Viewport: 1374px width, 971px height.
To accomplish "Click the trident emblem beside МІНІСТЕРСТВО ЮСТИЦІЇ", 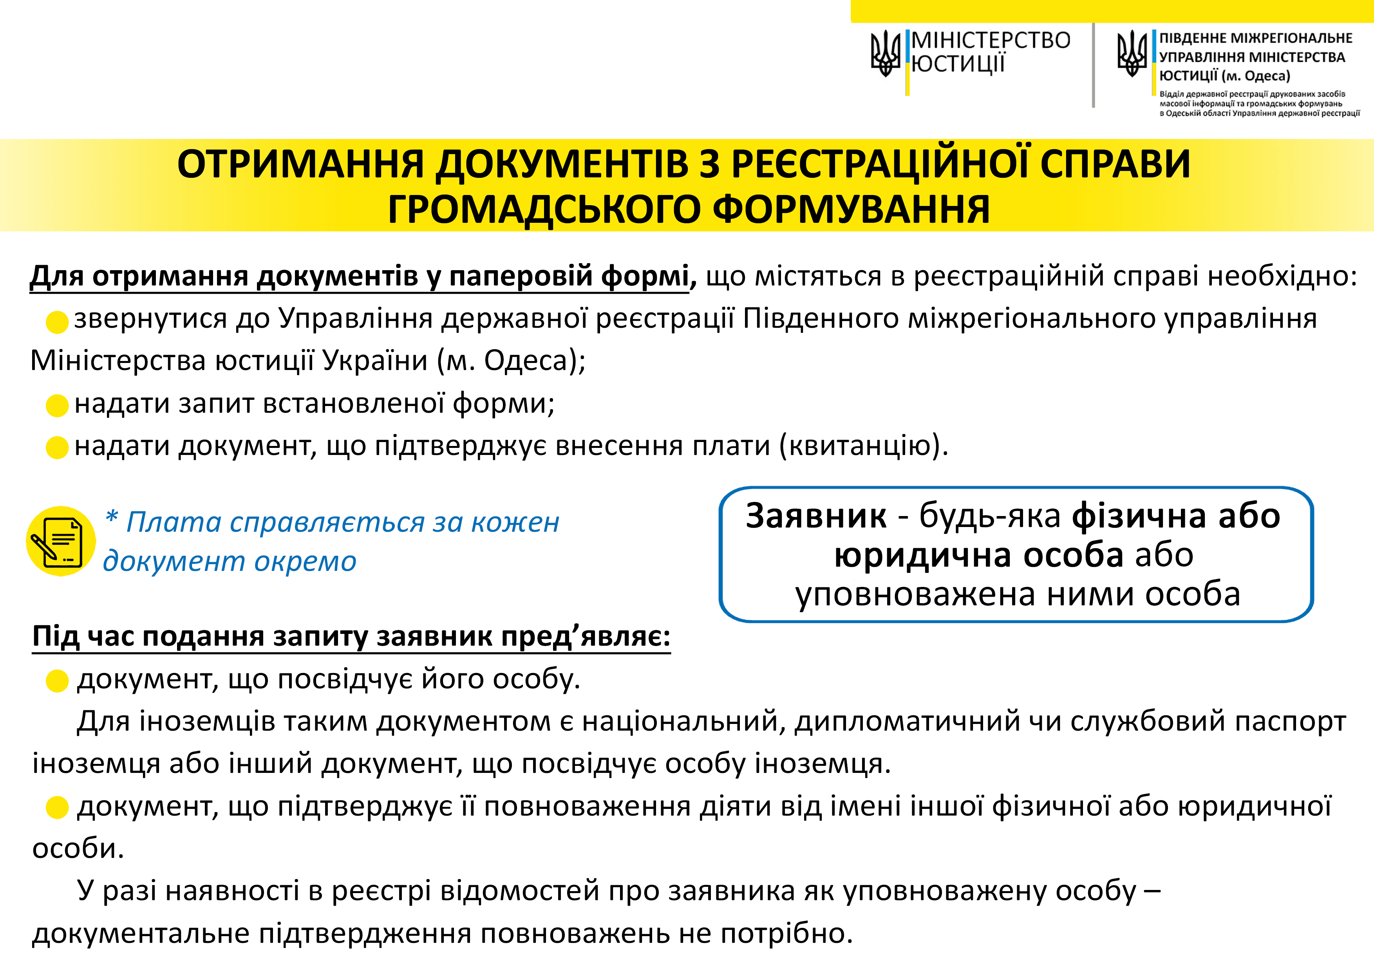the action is tap(886, 54).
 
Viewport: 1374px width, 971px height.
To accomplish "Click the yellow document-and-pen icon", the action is tap(60, 541).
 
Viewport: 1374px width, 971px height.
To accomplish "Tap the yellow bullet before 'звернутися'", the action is tap(57, 322).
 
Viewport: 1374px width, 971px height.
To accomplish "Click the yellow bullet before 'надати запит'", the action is tap(57, 406).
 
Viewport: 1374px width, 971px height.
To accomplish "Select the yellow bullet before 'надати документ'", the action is tap(57, 448).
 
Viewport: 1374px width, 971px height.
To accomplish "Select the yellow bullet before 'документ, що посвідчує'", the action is tap(57, 681).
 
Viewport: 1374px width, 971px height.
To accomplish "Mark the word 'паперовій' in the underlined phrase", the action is tap(518, 276).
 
